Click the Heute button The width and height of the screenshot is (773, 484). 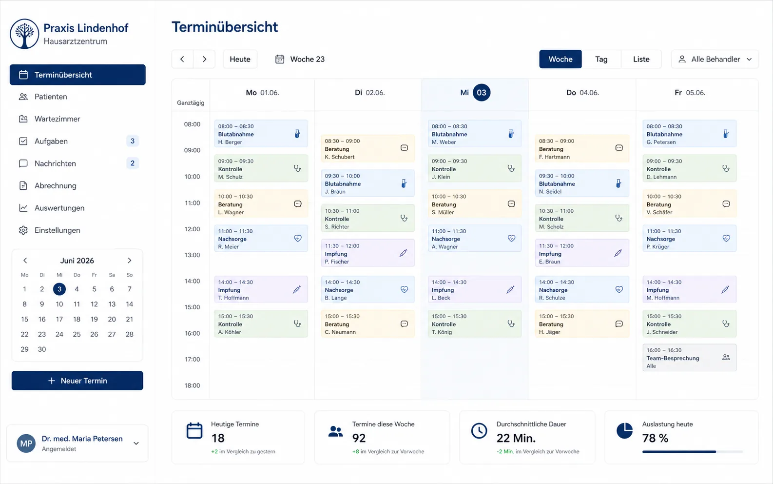click(240, 59)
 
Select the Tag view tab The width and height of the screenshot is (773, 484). click(601, 59)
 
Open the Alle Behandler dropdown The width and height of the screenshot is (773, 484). click(715, 59)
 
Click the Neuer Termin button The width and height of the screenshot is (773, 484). click(77, 381)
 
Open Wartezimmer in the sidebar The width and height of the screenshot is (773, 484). click(58, 119)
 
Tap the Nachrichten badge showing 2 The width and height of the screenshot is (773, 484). click(132, 163)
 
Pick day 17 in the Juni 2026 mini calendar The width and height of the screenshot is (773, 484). click(59, 319)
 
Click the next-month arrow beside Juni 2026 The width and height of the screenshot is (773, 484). click(130, 261)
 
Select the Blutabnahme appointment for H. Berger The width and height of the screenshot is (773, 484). click(261, 134)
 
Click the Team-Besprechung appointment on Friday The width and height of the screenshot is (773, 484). click(689, 358)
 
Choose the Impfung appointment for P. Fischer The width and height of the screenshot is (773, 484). click(367, 253)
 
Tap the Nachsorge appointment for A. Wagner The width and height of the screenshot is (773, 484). click(475, 239)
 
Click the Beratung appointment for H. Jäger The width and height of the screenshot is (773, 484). click(582, 323)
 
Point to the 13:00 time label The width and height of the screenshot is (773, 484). click(192, 255)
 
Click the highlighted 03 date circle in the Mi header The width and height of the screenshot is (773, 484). click(482, 93)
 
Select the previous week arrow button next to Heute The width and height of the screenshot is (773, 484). click(182, 59)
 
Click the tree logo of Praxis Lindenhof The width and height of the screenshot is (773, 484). click(24, 34)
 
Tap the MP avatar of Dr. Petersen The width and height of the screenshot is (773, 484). click(26, 443)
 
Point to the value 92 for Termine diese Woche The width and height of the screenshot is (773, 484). click(359, 438)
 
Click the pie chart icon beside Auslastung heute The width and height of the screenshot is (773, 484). click(624, 430)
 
